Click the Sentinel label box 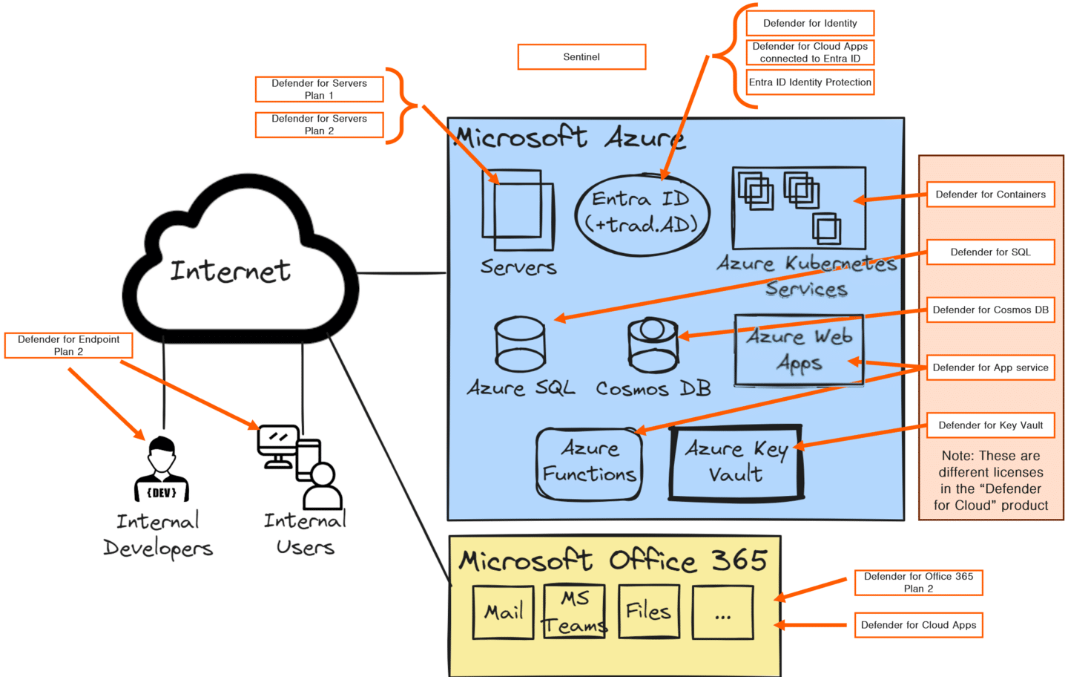pyautogui.click(x=581, y=57)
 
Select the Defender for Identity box pyautogui.click(x=810, y=23)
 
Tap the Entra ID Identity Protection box pyautogui.click(x=810, y=82)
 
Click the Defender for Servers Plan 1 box pyautogui.click(x=319, y=89)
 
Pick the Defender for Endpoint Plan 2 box pyautogui.click(x=68, y=345)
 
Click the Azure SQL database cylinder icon pyautogui.click(x=520, y=344)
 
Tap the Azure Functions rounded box pyautogui.click(x=589, y=463)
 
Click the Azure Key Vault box pyautogui.click(x=736, y=462)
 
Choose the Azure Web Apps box pyautogui.click(x=799, y=350)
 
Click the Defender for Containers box pyautogui.click(x=990, y=194)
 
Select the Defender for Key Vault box pyautogui.click(x=990, y=425)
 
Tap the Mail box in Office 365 pyautogui.click(x=504, y=612)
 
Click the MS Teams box pyautogui.click(x=574, y=612)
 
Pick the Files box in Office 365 pyautogui.click(x=648, y=612)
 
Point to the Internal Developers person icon pyautogui.click(x=162, y=469)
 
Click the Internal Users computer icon pyautogui.click(x=280, y=445)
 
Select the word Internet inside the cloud pyautogui.click(x=230, y=271)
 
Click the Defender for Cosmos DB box pyautogui.click(x=990, y=310)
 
